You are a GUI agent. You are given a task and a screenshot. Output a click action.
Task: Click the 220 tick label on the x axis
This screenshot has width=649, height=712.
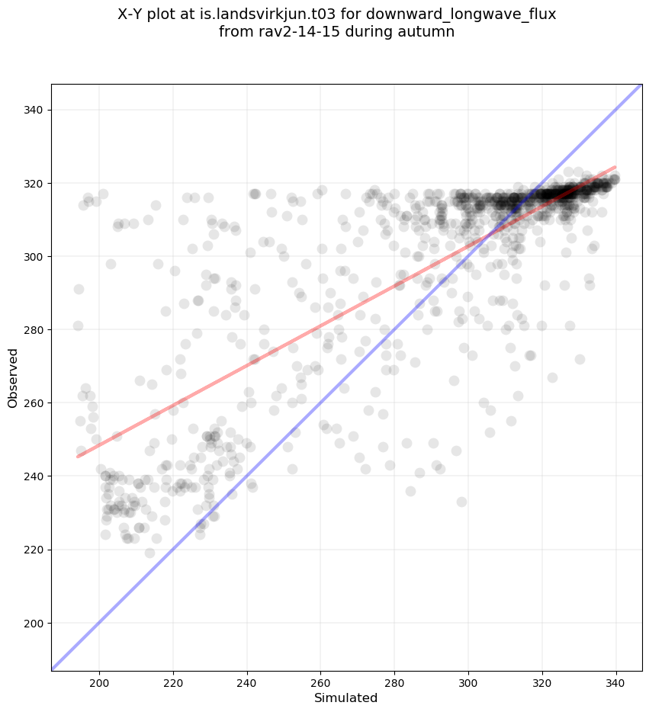[173, 682]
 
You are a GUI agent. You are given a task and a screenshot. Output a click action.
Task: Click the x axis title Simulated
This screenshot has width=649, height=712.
[346, 698]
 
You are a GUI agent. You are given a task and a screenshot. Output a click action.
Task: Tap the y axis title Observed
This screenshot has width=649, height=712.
[13, 377]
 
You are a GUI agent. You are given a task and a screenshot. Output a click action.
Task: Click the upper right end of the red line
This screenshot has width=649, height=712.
[615, 167]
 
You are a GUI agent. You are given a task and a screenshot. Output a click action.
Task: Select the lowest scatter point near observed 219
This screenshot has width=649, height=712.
[149, 553]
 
